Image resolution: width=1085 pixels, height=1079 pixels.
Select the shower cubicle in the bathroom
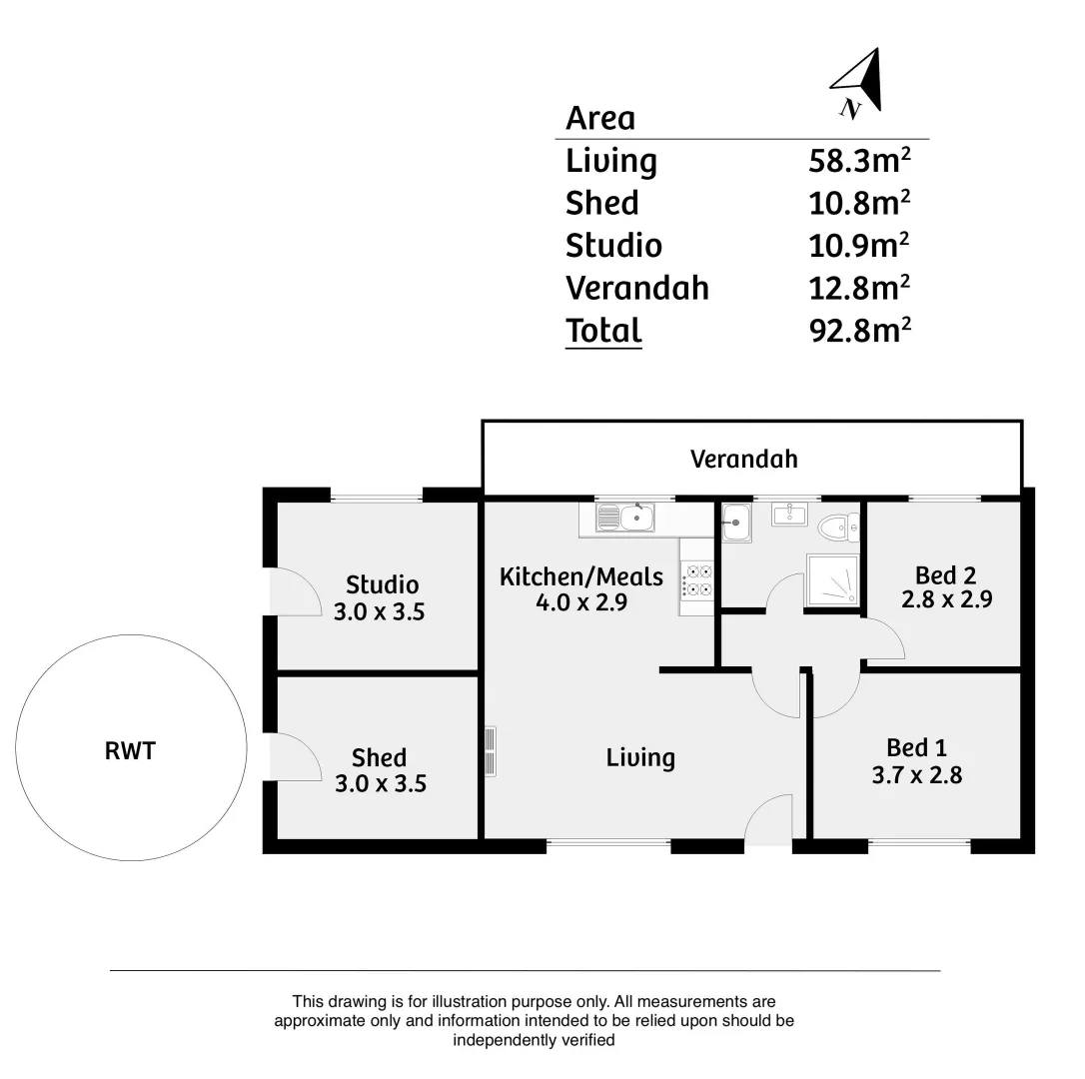831,580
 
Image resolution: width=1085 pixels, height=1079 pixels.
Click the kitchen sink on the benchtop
625,518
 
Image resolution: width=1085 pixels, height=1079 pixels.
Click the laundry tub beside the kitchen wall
735,522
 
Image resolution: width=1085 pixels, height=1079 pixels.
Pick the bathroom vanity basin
789,515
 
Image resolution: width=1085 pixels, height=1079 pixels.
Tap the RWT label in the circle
130,750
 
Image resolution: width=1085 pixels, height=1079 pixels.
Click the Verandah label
744,459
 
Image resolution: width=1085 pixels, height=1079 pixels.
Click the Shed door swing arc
294,757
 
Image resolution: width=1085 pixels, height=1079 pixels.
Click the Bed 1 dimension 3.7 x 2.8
916,774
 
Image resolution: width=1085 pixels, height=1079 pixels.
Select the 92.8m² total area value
859,330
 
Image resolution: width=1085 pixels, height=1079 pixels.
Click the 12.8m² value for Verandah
859,288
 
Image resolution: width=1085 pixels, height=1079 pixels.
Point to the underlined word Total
603,330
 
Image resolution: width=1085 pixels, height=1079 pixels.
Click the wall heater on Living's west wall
490,751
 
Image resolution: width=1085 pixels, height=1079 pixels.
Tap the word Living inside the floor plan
640,757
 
